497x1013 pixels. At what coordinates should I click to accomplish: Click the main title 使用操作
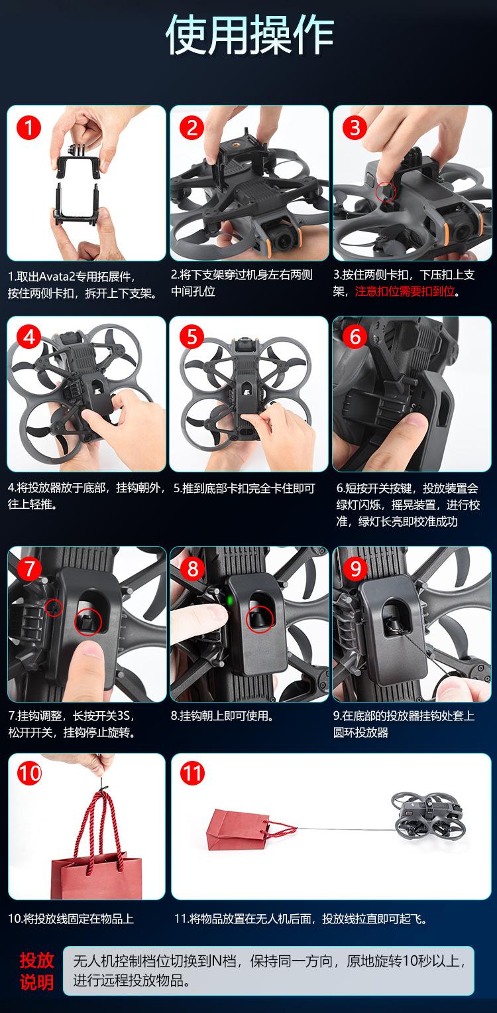point(249,34)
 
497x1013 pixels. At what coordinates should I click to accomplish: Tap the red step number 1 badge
point(29,128)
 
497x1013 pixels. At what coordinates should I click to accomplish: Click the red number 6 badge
point(355,337)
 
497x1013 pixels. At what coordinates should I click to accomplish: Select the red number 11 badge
point(192,774)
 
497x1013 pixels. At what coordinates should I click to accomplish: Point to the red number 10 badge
point(29,774)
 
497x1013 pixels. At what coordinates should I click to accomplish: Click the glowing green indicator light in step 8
point(229,601)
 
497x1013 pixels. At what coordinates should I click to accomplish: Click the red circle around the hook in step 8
point(260,619)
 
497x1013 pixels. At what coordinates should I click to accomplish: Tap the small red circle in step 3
point(386,192)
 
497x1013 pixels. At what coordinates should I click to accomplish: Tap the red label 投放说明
point(36,971)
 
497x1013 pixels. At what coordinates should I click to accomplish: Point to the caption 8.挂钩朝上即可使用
point(222,716)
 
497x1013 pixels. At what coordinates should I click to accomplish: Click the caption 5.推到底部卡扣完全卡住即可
point(245,488)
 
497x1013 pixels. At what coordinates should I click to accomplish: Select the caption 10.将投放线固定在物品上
point(71,919)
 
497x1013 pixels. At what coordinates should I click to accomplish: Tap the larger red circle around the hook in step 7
point(88,622)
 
